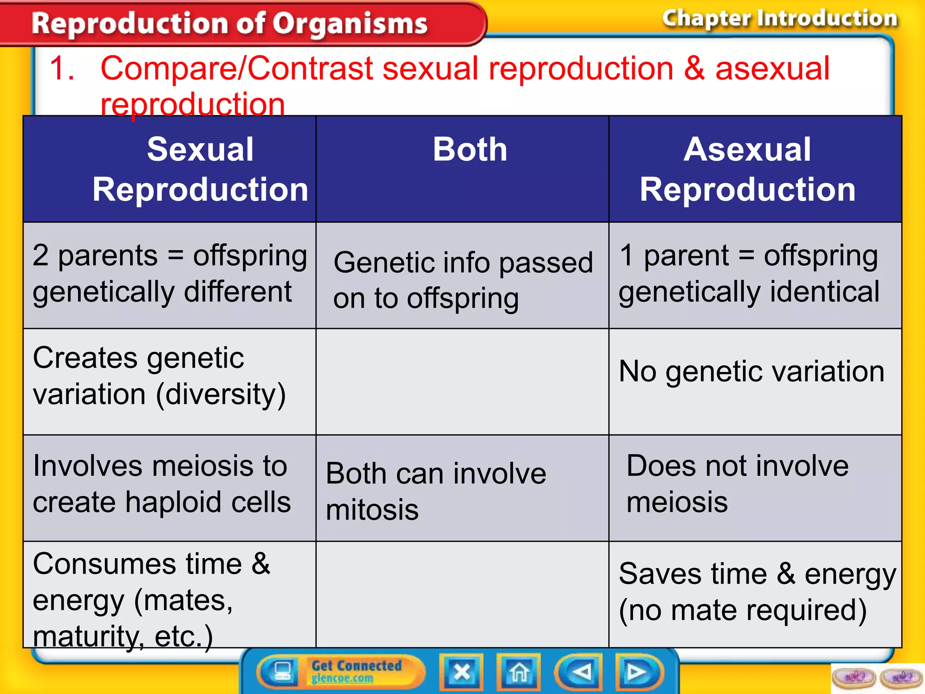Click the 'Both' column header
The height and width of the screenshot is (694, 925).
click(x=470, y=150)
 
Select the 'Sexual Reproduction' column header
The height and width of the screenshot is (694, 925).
click(x=200, y=169)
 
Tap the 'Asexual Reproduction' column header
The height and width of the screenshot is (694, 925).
click(x=747, y=169)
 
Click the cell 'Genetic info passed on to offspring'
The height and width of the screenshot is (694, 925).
click(x=462, y=280)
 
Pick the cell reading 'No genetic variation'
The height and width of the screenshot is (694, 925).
click(x=752, y=371)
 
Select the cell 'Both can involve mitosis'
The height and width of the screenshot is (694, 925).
click(x=436, y=491)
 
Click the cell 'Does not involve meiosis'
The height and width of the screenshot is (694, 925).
click(x=737, y=484)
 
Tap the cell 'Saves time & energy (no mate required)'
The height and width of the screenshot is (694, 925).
click(x=757, y=592)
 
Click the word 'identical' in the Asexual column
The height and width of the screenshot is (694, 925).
click(x=825, y=292)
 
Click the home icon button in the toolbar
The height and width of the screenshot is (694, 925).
click(x=519, y=672)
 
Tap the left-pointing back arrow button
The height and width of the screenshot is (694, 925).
click(x=579, y=672)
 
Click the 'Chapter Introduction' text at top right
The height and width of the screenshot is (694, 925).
click(x=780, y=19)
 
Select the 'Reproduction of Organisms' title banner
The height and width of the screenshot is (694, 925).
click(x=229, y=23)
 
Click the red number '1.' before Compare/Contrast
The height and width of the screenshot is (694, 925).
click(x=62, y=69)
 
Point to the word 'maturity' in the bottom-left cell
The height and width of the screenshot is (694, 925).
click(x=86, y=637)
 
